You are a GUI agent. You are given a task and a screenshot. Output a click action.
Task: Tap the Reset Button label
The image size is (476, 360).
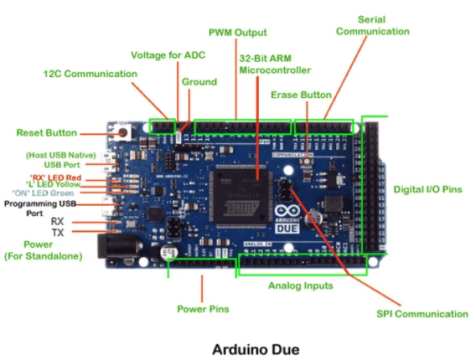pyautogui.click(x=47, y=133)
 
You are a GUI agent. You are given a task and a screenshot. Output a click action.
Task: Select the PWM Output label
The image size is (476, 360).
pyautogui.click(x=237, y=33)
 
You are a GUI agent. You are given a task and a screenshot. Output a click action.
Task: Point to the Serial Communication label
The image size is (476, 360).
pyautogui.click(x=372, y=25)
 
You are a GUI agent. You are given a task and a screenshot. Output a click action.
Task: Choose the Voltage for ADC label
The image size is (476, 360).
pyautogui.click(x=169, y=55)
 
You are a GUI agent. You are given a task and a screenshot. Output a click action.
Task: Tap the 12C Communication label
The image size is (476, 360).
pyautogui.click(x=90, y=74)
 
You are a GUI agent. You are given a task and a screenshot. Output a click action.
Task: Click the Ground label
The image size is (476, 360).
pyautogui.click(x=199, y=82)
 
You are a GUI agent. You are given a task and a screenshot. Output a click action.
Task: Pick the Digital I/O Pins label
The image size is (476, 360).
pyautogui.click(x=428, y=190)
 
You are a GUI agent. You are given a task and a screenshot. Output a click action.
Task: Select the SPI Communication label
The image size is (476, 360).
pyautogui.click(x=421, y=314)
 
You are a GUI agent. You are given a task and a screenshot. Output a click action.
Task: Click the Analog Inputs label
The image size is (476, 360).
pyautogui.click(x=300, y=286)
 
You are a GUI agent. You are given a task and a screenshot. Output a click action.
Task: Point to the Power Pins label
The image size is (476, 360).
pyautogui.click(x=203, y=309)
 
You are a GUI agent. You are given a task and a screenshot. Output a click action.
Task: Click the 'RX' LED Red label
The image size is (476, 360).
pyautogui.click(x=55, y=178)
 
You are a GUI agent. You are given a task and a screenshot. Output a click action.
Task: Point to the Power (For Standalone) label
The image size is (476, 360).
pyautogui.click(x=40, y=250)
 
